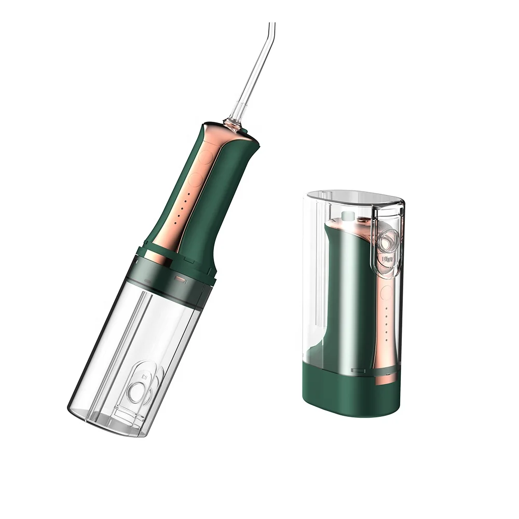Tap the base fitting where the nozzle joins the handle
pos(233,124)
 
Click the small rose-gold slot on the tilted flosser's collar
pos(180,279)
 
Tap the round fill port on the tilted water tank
pos(136,392)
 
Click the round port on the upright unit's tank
pos(388,240)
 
